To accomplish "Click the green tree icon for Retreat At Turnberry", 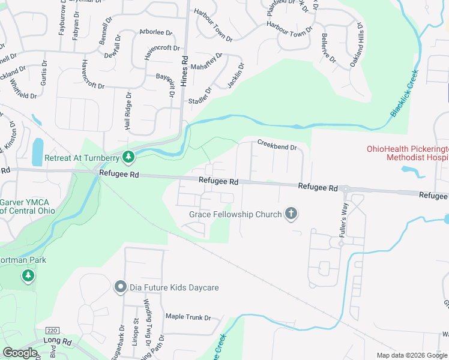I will tap(127, 157).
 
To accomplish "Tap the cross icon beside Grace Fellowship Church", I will tap(291, 214).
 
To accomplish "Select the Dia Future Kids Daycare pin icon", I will tap(120, 287).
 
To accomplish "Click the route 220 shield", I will tap(53, 331).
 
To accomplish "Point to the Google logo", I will tap(20, 353).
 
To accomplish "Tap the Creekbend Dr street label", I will tap(277, 146).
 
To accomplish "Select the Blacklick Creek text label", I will tap(404, 92).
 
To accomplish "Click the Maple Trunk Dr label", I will tap(188, 317).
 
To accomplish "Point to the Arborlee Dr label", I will tap(155, 32).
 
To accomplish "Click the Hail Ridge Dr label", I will tap(127, 111).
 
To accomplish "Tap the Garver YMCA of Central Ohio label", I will tap(27, 206).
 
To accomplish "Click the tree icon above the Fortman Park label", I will tap(28, 275).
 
